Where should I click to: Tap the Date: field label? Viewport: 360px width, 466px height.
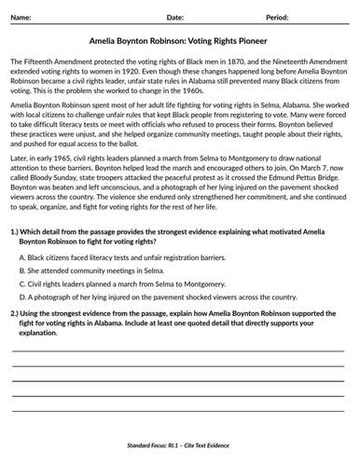coord(174,18)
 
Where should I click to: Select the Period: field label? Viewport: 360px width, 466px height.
coord(278,18)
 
